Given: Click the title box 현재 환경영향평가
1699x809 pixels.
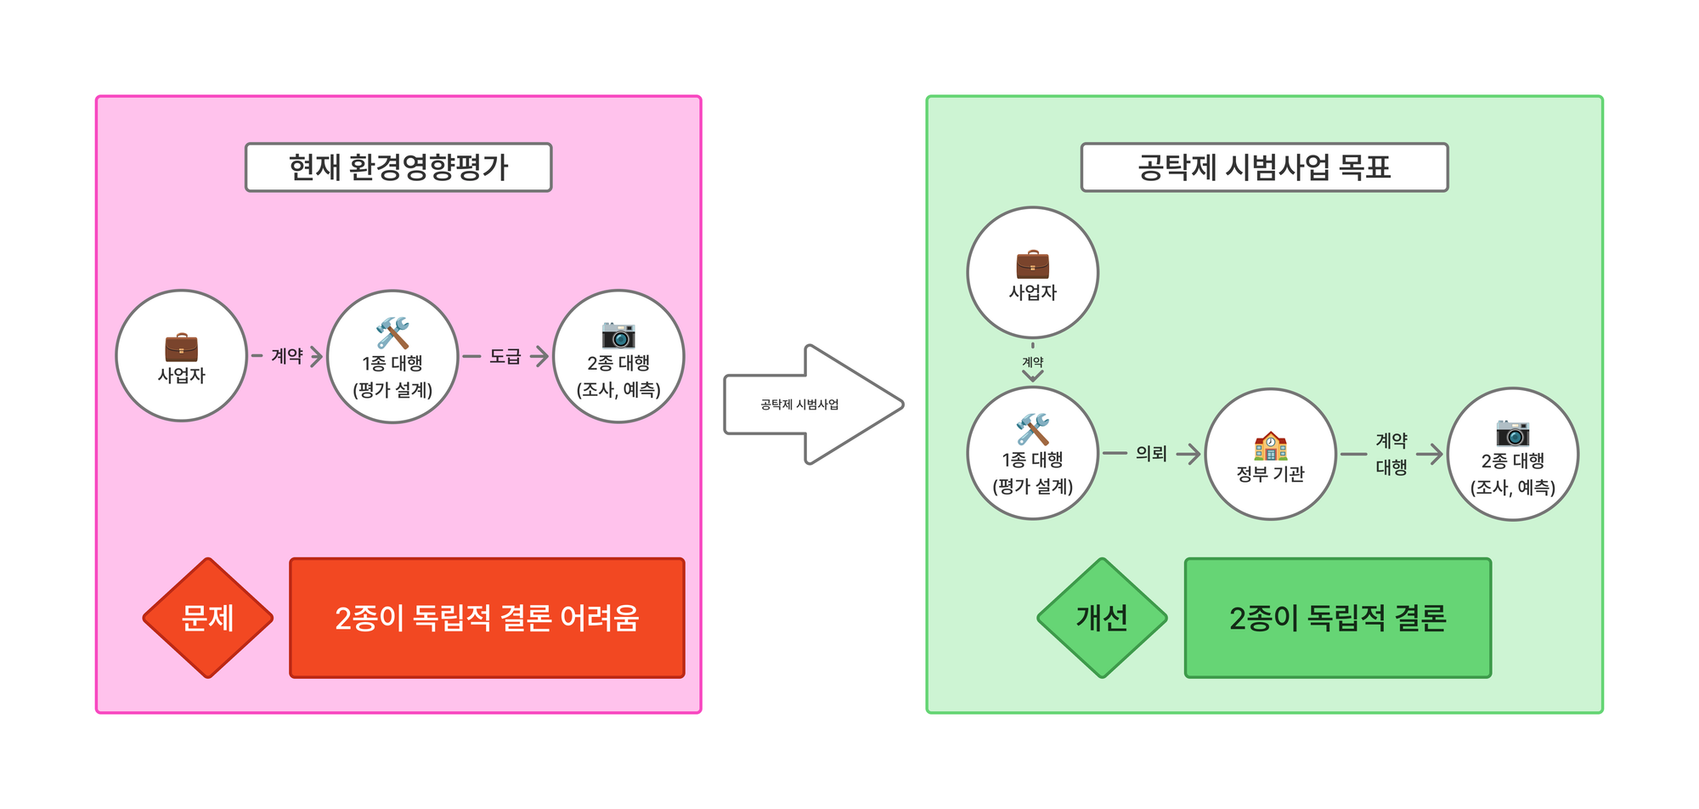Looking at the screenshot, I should click(x=398, y=167).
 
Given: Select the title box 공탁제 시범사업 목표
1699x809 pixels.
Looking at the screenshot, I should click(x=1263, y=167).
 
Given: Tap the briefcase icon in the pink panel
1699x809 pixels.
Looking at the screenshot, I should click(x=181, y=348).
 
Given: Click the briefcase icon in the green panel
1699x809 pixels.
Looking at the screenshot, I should click(x=1032, y=264).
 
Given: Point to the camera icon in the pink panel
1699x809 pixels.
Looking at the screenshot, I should click(x=618, y=335).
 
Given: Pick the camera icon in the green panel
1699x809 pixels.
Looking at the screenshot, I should click(x=1512, y=433).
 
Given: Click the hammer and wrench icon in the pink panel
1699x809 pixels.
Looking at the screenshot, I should click(x=392, y=333).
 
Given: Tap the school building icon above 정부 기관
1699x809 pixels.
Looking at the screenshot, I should click(x=1270, y=446).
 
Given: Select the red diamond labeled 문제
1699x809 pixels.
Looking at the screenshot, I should click(x=208, y=618).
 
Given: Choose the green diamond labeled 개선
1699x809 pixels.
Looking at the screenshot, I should click(x=1102, y=618).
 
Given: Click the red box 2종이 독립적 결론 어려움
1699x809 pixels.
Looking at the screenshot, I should click(x=487, y=618).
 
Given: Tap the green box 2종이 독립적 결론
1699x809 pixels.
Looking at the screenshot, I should click(x=1337, y=618).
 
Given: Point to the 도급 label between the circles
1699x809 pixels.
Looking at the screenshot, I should click(x=505, y=356).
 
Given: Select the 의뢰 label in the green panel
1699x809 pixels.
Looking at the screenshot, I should click(x=1151, y=454).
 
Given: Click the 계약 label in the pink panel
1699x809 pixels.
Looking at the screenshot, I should click(x=287, y=356).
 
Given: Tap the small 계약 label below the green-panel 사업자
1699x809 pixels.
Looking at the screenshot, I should click(x=1032, y=362).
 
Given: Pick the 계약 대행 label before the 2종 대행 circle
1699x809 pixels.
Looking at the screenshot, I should click(x=1391, y=454).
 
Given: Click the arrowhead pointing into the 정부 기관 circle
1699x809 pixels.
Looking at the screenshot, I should click(x=1193, y=454).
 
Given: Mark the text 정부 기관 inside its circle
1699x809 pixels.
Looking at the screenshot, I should click(x=1270, y=474).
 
